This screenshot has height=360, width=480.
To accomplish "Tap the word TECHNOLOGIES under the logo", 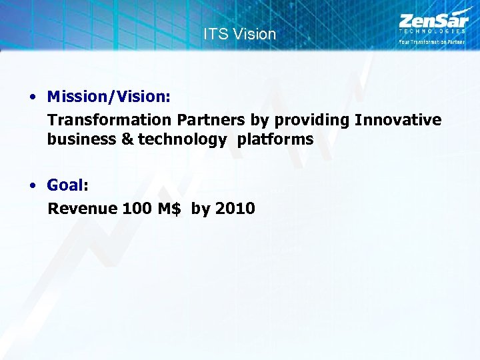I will [431, 31].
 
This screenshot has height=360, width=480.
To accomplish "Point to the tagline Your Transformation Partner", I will [431, 42].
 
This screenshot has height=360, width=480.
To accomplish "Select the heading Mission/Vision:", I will [109, 97].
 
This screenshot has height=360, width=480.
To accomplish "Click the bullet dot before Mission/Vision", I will [33, 97].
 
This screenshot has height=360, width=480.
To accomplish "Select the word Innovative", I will [398, 120].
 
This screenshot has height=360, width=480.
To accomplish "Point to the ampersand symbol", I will [127, 139].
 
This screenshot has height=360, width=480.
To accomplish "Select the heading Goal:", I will [67, 185].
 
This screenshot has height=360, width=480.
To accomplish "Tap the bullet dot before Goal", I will [33, 185].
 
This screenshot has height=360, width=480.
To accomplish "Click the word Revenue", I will [83, 209].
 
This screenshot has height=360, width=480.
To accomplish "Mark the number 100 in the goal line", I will [137, 209].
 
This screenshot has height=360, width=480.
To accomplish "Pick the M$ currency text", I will [169, 209].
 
